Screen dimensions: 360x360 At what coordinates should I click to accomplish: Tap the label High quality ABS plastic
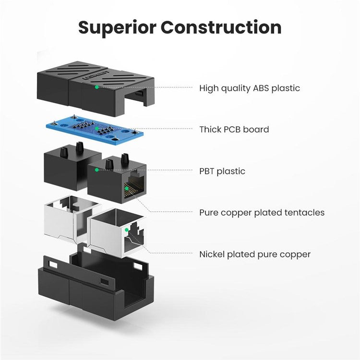(250, 88)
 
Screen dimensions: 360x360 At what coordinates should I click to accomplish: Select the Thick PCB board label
(234, 130)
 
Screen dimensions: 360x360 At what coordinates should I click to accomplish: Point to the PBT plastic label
(222, 171)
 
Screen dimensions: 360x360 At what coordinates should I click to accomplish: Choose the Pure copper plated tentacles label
(262, 213)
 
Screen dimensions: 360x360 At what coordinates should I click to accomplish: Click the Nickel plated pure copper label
(255, 254)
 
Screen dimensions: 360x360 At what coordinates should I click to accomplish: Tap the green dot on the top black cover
(97, 87)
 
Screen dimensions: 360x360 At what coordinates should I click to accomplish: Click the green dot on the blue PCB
(97, 129)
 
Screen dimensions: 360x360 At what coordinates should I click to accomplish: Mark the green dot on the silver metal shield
(126, 229)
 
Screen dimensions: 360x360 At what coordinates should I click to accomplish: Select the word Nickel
(212, 254)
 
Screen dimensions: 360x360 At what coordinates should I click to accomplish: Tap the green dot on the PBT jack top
(97, 169)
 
